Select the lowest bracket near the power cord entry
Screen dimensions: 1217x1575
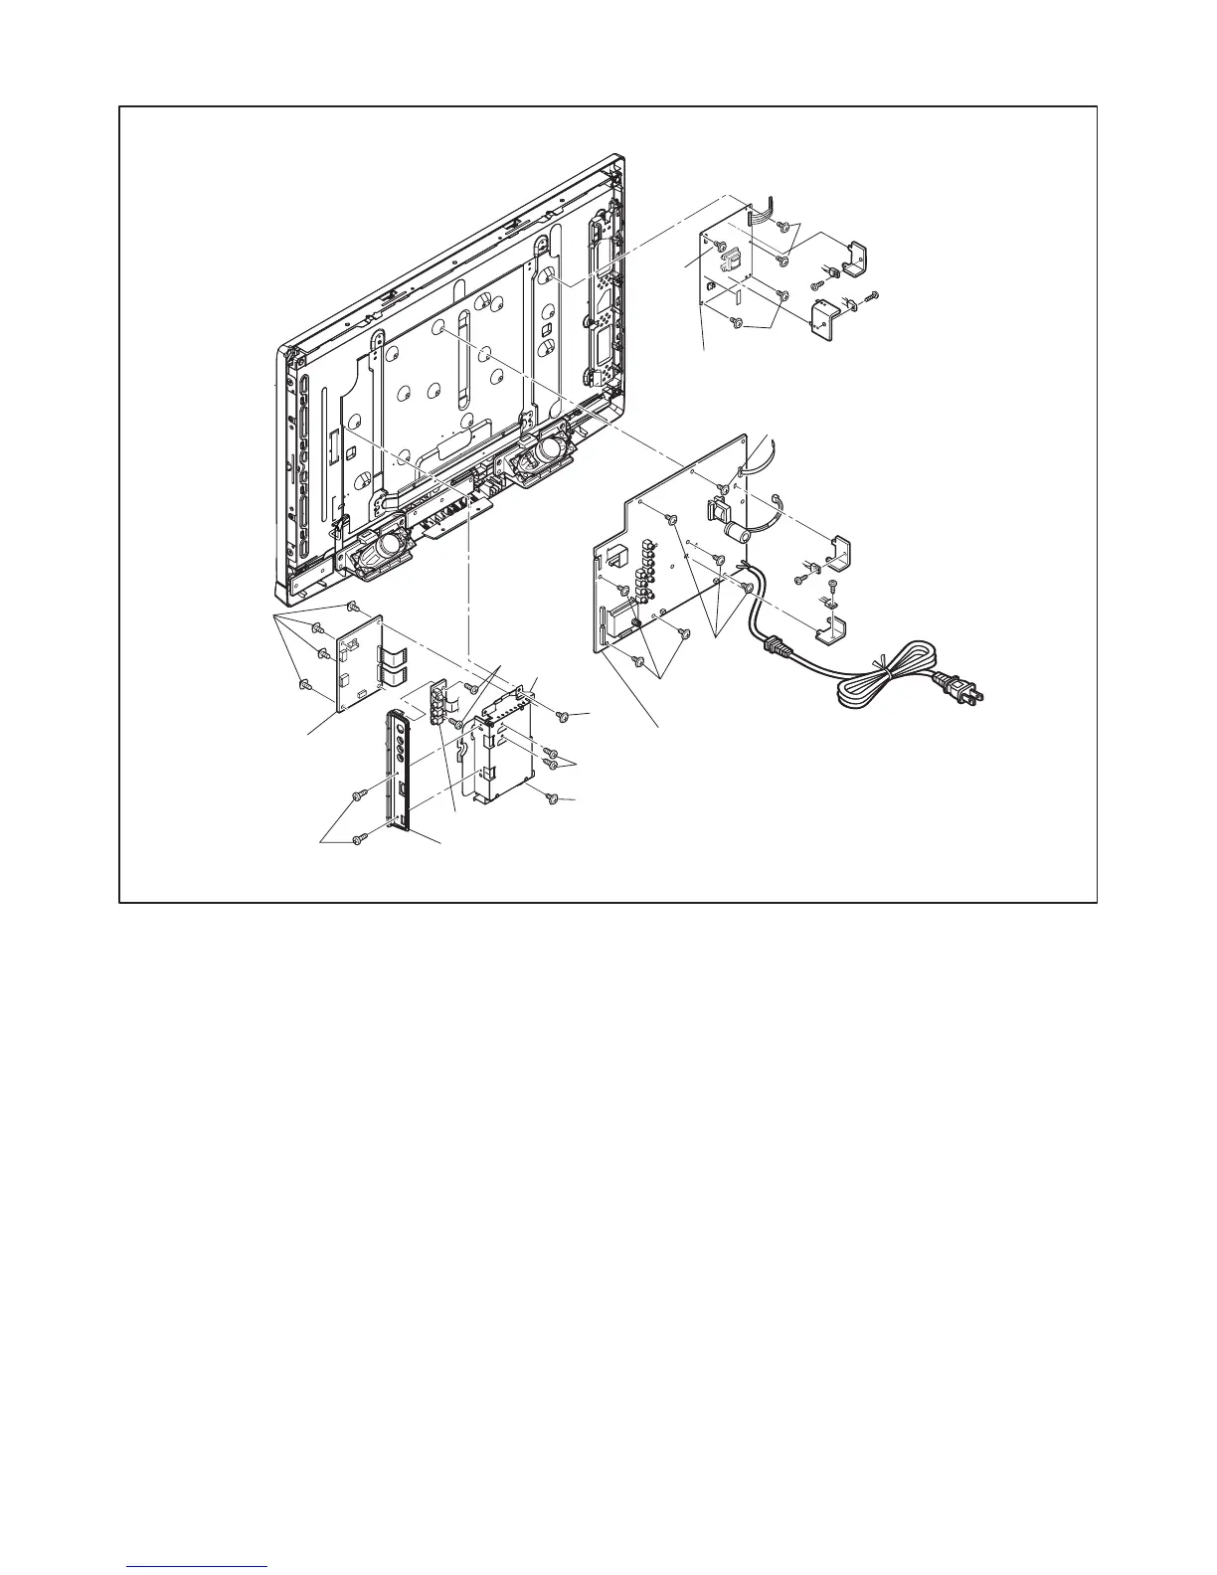[830, 628]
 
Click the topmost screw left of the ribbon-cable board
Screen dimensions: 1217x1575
[351, 606]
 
